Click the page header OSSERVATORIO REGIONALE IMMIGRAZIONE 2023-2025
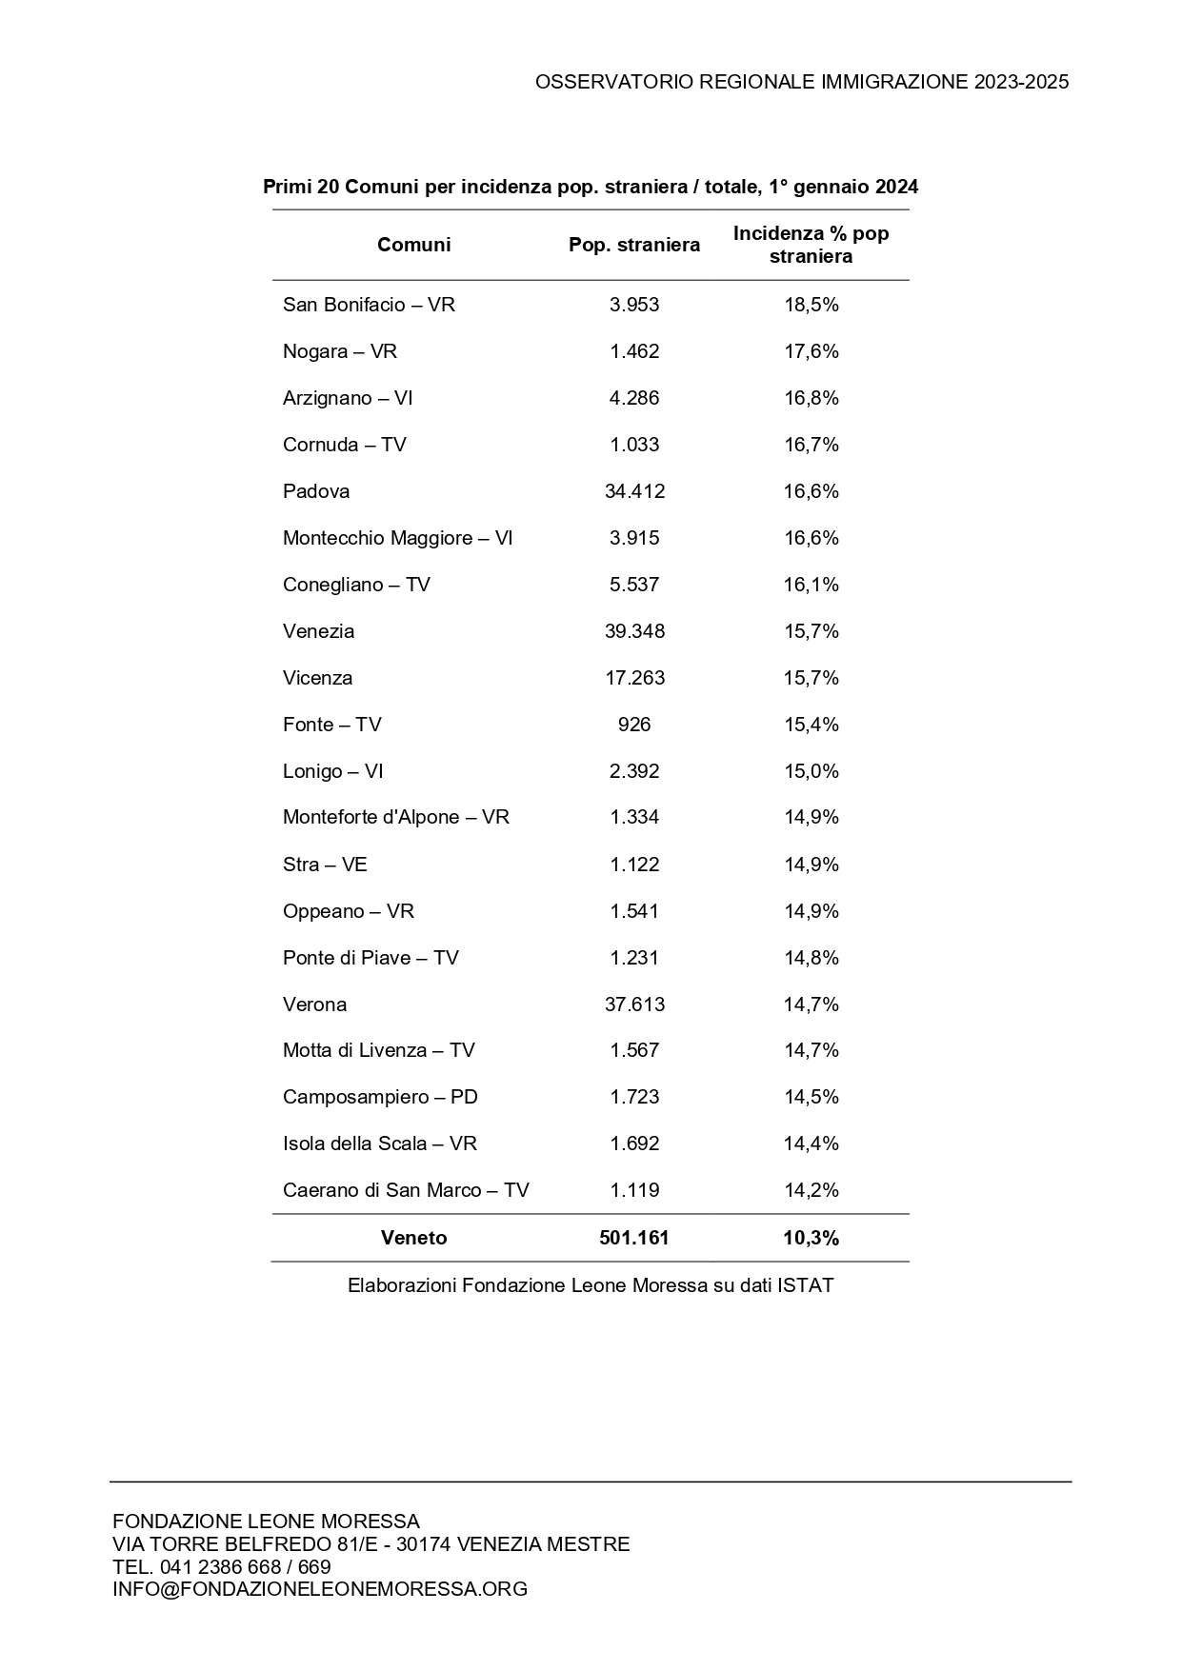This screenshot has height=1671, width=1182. tap(801, 82)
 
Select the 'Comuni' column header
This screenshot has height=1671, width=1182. tap(413, 245)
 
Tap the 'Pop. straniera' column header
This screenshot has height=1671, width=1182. tap(634, 245)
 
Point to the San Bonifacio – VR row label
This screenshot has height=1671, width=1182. tap(369, 305)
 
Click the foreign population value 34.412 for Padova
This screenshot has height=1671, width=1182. tap(634, 491)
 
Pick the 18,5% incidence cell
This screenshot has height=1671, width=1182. tap(811, 305)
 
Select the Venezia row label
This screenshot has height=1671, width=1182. tap(318, 631)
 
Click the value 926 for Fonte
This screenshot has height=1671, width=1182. tap(634, 725)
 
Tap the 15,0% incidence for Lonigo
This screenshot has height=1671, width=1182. tap(811, 771)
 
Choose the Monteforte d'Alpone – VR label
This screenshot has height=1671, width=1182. tap(395, 817)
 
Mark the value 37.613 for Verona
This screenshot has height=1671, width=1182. tap(634, 1005)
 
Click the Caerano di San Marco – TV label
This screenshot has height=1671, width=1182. tap(406, 1190)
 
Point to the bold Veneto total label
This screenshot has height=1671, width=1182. tap(413, 1238)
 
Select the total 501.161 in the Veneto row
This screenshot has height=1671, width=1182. tap(634, 1238)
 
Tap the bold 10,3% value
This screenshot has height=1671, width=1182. tap(811, 1238)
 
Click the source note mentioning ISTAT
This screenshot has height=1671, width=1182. tap(591, 1285)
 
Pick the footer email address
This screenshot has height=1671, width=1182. tap(320, 1588)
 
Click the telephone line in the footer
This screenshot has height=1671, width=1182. tap(222, 1566)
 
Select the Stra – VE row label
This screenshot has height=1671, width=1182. tap(325, 865)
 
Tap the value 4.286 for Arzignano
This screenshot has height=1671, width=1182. tap(634, 398)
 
